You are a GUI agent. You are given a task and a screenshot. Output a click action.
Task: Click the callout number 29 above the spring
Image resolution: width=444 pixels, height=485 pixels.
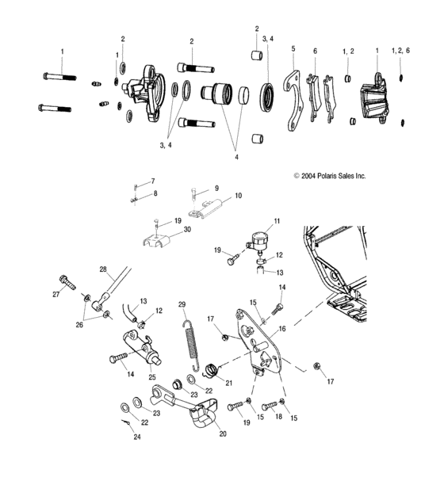182,304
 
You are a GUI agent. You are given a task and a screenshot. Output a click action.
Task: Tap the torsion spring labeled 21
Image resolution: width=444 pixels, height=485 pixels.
212,369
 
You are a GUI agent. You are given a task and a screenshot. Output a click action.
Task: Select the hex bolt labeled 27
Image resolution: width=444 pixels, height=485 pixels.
67,281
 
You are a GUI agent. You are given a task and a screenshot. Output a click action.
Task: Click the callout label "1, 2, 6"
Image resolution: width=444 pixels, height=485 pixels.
402,50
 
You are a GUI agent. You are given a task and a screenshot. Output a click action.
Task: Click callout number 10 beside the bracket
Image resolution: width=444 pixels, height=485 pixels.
239,195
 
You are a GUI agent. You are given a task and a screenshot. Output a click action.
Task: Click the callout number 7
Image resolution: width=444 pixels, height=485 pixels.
153,181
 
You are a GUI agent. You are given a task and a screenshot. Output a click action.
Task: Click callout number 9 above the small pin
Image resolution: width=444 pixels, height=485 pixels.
216,189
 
